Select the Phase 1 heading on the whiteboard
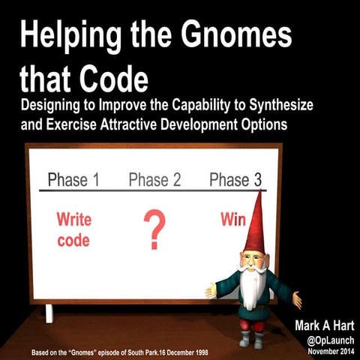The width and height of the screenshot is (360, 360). pos(73,179)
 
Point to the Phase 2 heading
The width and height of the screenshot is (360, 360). pos(154,179)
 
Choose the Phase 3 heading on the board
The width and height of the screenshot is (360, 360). pos(235,179)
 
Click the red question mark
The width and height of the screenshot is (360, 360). pos(154,231)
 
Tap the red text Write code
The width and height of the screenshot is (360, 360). pos(74,230)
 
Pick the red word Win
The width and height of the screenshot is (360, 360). pos(233,220)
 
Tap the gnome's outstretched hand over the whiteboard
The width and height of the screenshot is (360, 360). pos(211,290)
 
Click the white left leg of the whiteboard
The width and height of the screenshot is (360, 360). pos(49,313)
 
